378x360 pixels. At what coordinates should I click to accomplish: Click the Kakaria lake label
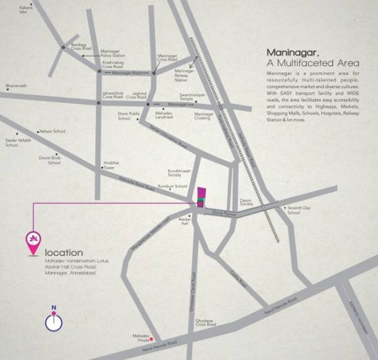(x=26, y=9)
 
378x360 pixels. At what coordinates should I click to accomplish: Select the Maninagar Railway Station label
(x=181, y=76)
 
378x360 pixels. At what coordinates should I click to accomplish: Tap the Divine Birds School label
(x=50, y=160)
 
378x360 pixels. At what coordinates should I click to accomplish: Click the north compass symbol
(x=54, y=321)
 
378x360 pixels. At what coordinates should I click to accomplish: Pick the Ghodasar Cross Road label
(x=206, y=322)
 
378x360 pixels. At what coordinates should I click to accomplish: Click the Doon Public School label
(x=129, y=117)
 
